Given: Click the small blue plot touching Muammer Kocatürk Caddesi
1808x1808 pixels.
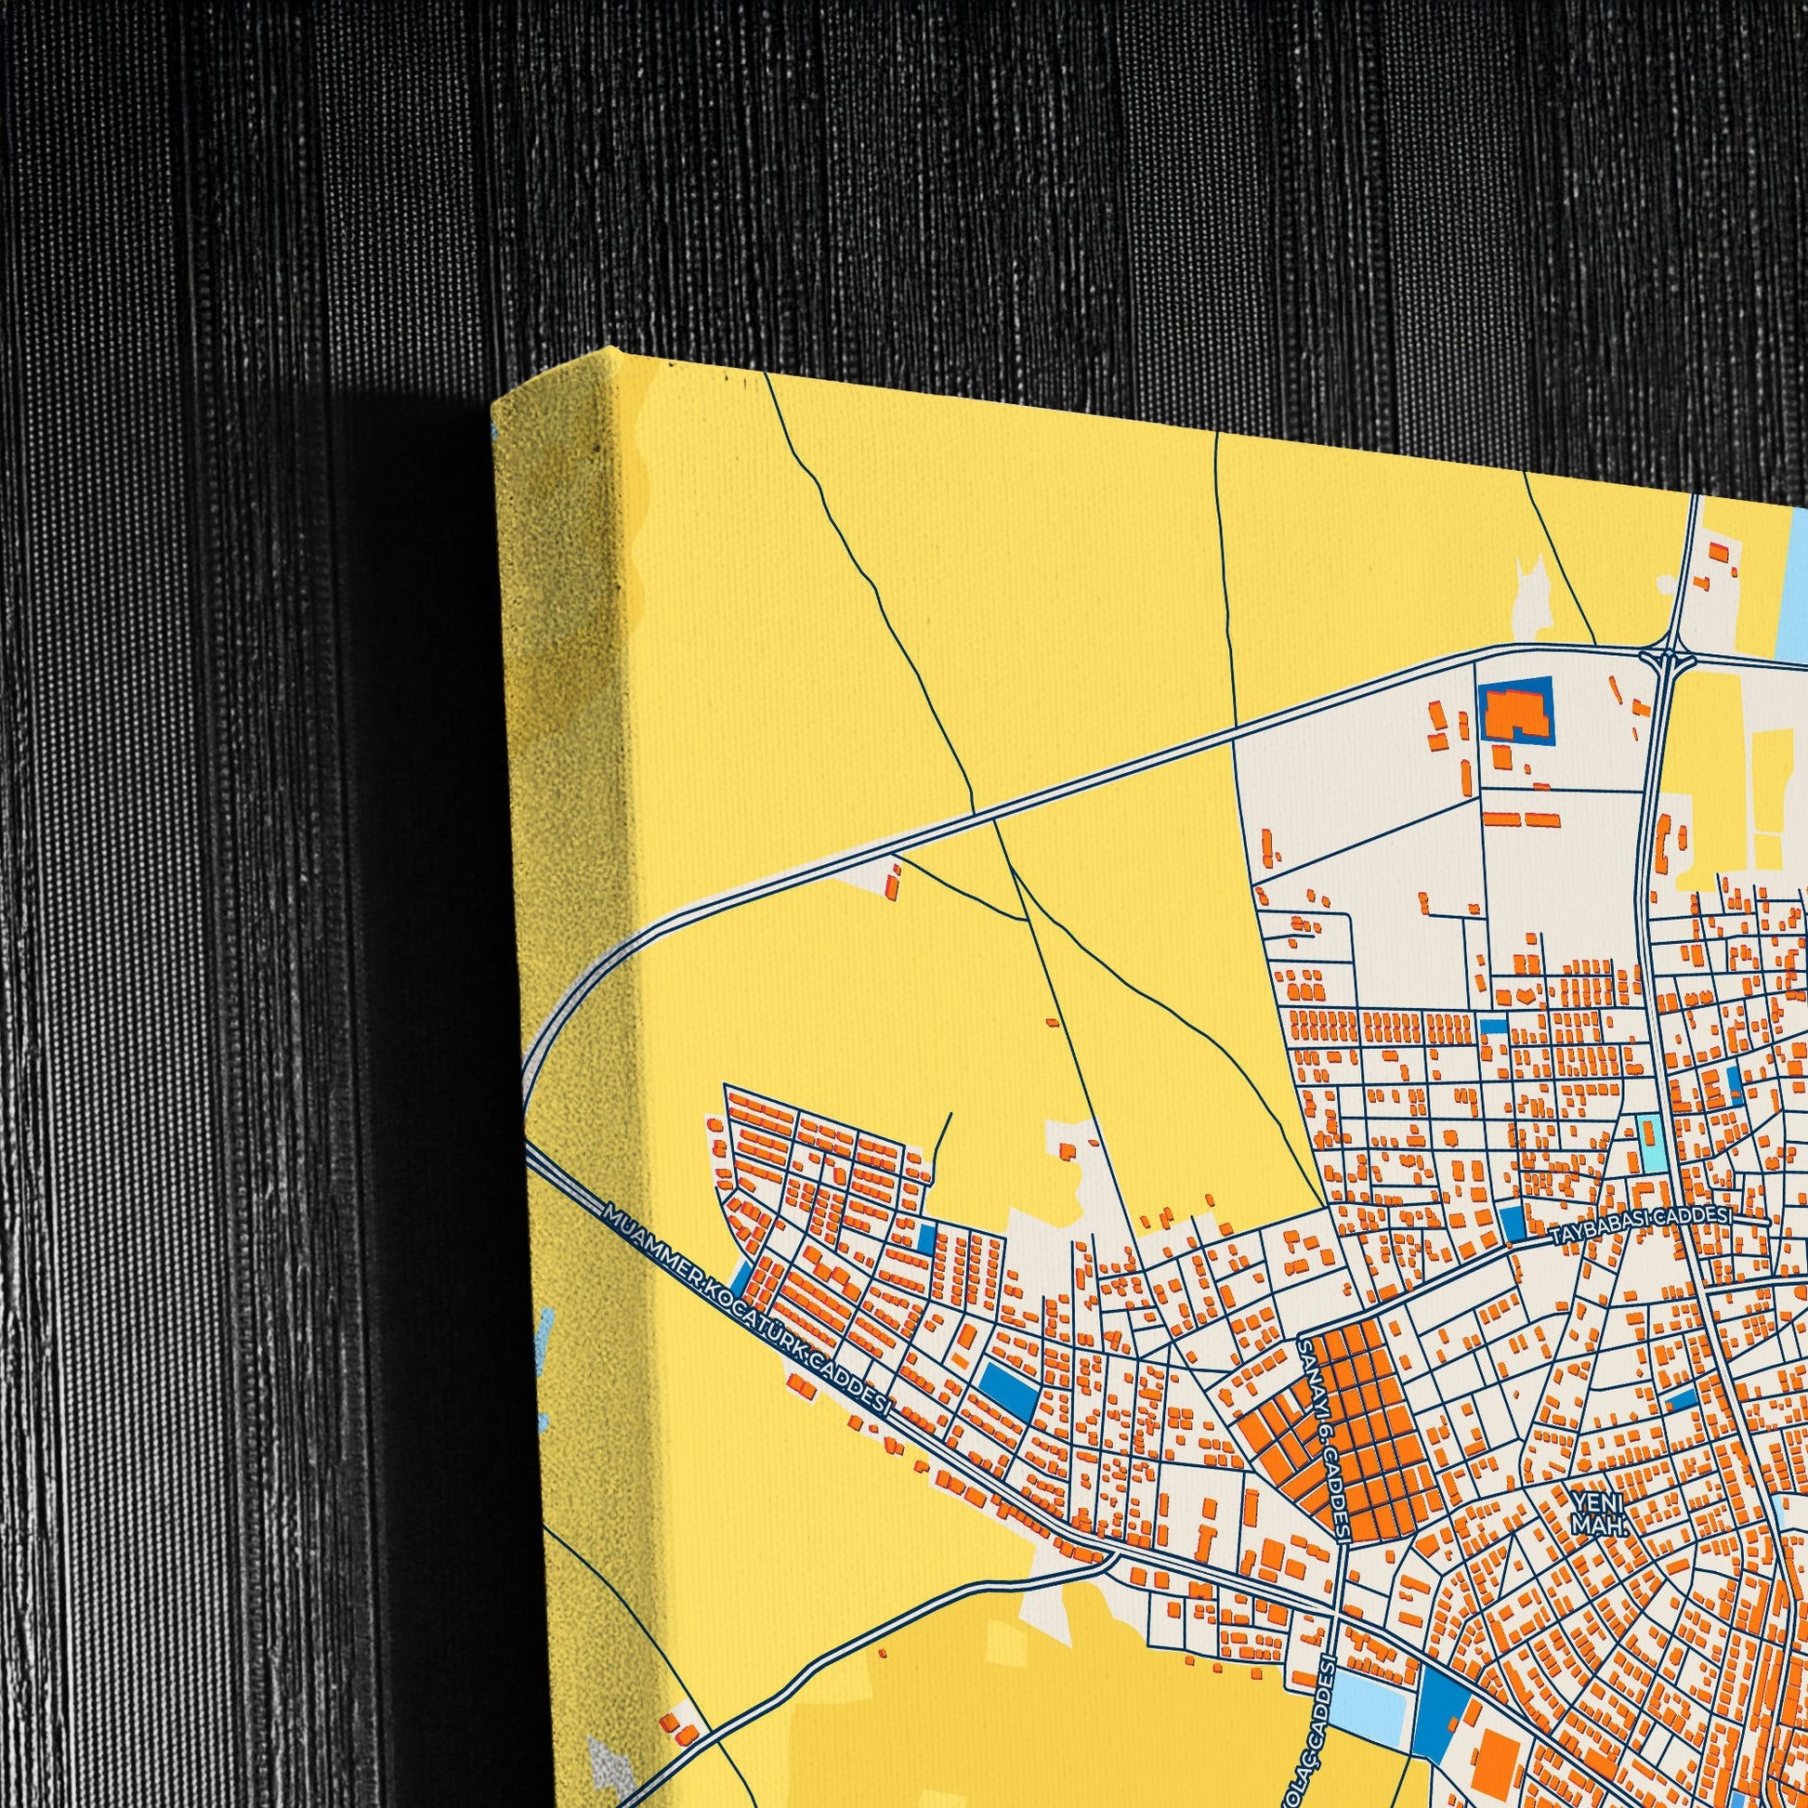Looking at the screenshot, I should pos(740,1276).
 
